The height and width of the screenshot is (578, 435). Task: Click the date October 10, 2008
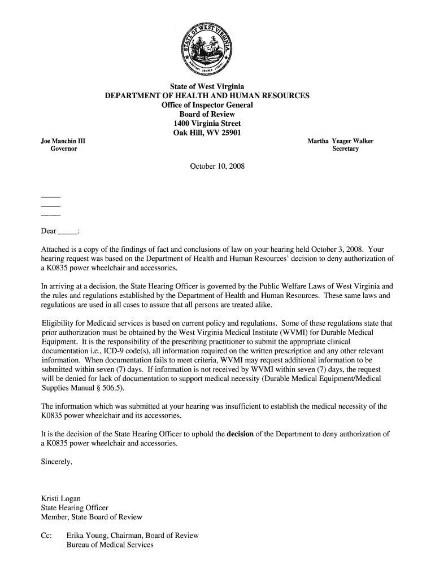pos(217,167)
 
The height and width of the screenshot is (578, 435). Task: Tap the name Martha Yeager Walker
pos(340,141)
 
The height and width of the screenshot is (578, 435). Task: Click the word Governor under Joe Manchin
pos(64,149)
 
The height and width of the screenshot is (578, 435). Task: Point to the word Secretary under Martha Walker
pos(346,149)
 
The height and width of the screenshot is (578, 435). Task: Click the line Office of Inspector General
pos(207,106)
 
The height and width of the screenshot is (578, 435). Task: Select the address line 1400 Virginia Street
pos(207,123)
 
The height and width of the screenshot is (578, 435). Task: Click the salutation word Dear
pos(49,231)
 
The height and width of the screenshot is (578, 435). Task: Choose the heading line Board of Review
pos(207,115)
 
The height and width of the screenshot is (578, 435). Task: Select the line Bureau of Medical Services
pos(110,545)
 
